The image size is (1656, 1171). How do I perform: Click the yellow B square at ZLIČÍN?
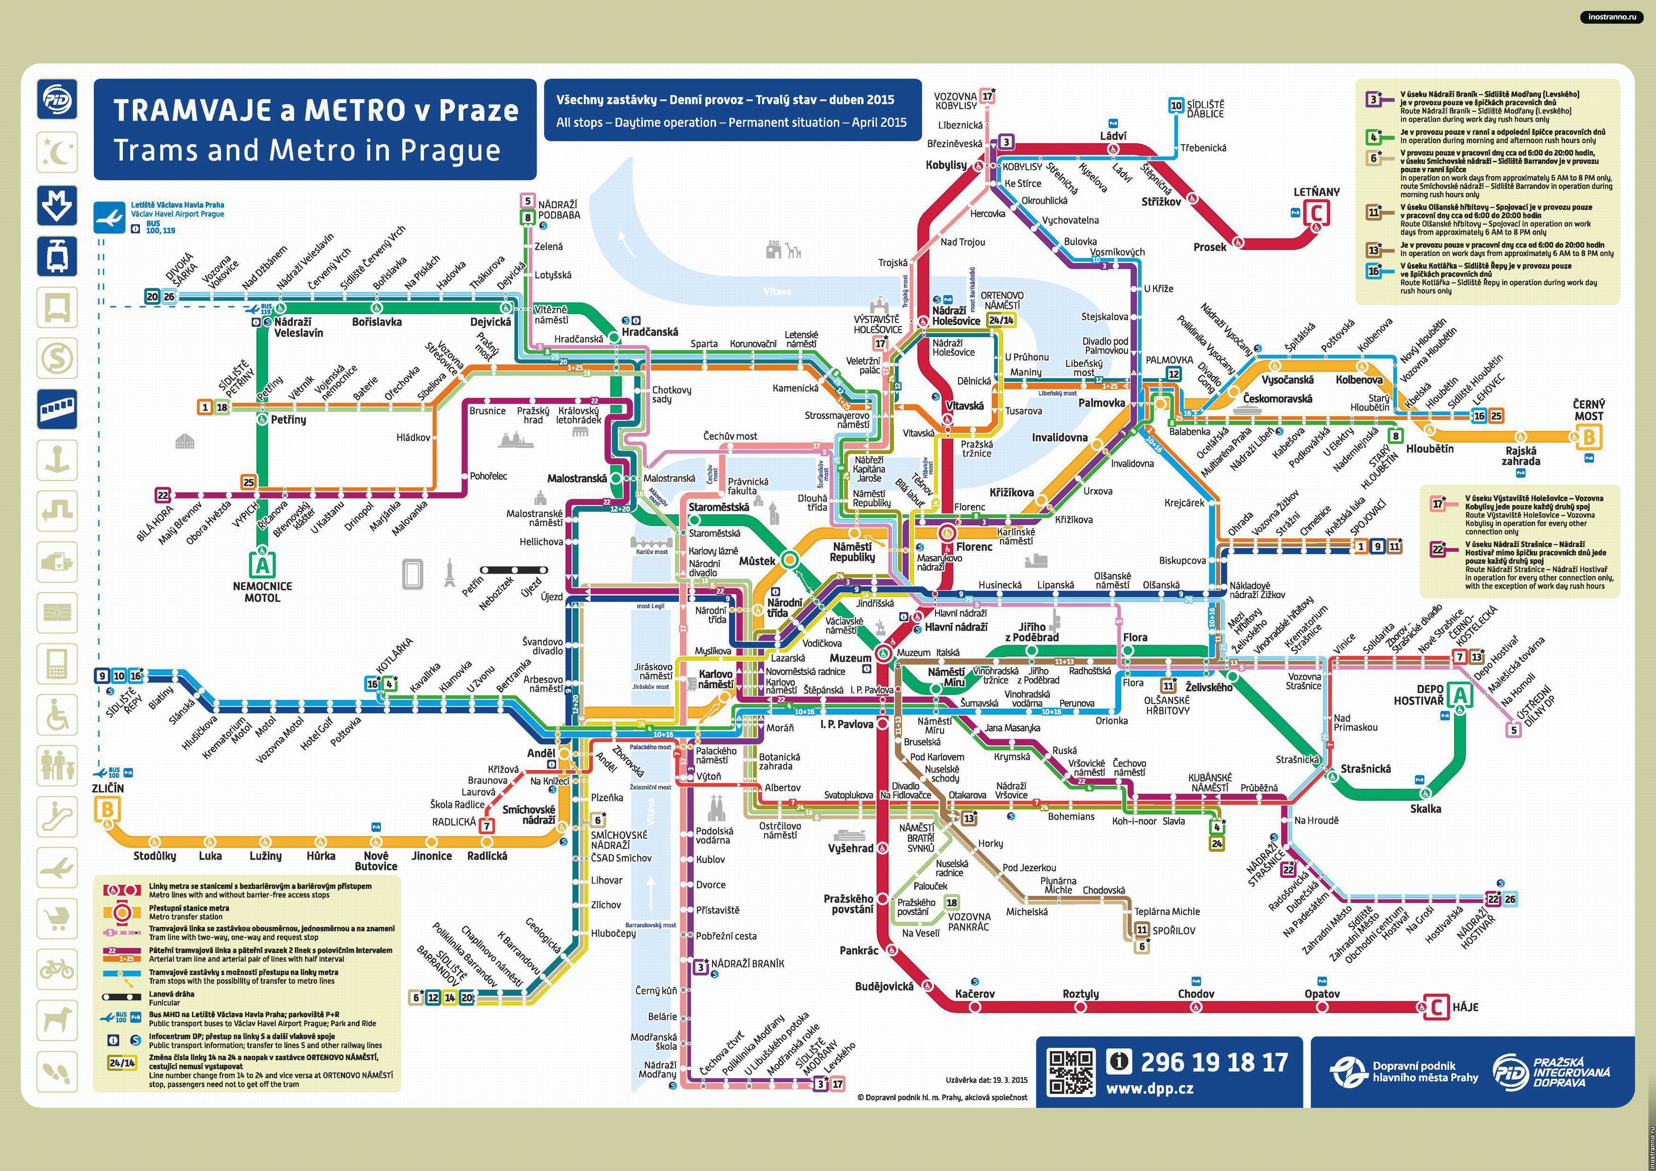[x=107, y=810]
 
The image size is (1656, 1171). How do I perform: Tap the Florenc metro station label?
[x=974, y=547]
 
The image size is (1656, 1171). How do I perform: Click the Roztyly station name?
[x=1081, y=994]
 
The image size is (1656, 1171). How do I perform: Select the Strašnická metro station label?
[x=1365, y=769]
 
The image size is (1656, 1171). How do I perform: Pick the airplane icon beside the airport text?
[x=110, y=216]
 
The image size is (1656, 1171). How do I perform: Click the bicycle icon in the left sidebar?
[x=57, y=968]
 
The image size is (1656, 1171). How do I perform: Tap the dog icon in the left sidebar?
[x=57, y=1020]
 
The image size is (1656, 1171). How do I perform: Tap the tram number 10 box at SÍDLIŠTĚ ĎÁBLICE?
[x=1176, y=106]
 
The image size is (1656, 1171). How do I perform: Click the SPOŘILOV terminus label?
[x=1173, y=931]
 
